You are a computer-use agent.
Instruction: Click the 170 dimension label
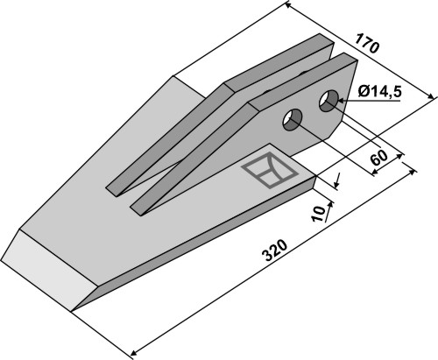(367, 44)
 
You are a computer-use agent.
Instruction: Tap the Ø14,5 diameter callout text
(380, 92)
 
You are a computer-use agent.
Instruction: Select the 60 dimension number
(378, 158)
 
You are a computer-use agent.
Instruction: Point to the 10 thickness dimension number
(318, 214)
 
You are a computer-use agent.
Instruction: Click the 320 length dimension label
(275, 251)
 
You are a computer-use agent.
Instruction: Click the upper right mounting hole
(329, 101)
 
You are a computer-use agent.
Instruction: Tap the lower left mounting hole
(293, 120)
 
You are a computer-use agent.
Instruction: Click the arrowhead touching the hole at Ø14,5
(343, 101)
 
